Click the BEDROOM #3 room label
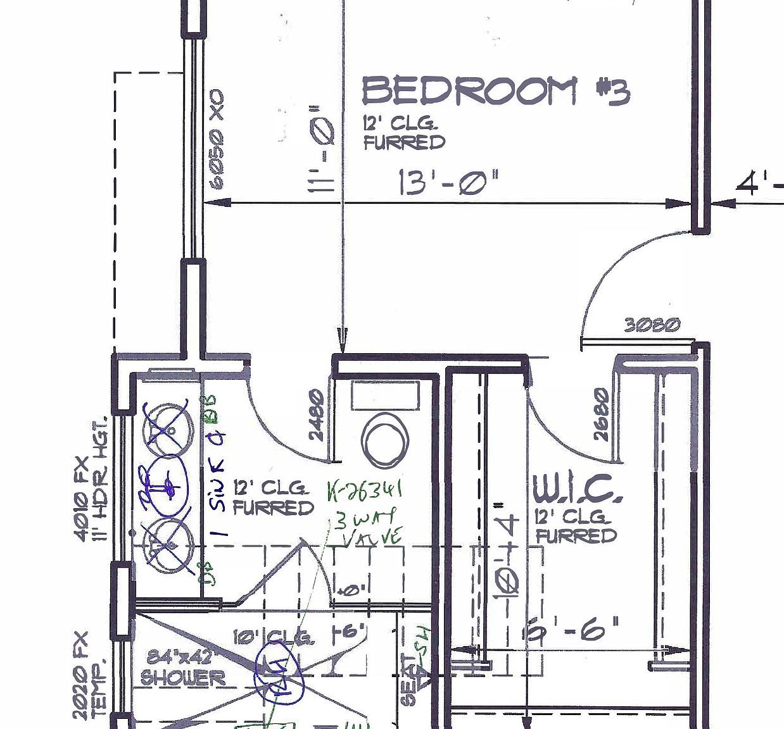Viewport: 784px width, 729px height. coord(495,90)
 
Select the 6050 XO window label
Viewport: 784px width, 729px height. coord(217,139)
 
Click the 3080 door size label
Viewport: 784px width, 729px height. coord(652,325)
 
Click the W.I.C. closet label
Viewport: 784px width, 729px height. coord(573,490)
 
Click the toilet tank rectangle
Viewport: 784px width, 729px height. coord(386,396)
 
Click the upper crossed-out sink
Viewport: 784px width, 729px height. coord(167,428)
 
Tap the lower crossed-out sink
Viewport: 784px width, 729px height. coord(167,545)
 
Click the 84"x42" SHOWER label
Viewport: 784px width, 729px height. coord(183,668)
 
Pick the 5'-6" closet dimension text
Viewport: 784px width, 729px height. coord(573,630)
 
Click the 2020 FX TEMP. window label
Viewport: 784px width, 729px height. coord(89,675)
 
